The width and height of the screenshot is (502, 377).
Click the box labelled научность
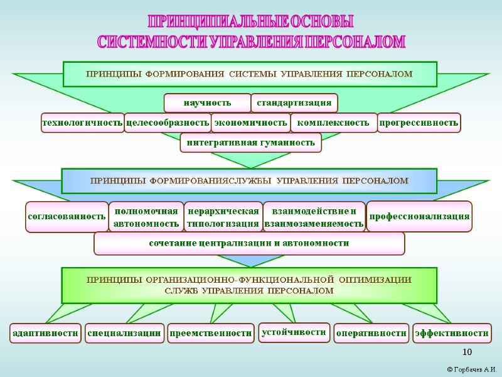[207, 102]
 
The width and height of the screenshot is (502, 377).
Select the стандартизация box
[294, 102]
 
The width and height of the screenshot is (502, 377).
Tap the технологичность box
[82, 123]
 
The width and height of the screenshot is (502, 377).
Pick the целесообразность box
[167, 123]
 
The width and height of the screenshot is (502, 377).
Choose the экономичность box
[250, 123]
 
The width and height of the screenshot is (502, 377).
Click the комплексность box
[333, 123]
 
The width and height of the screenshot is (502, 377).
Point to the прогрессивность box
[419, 123]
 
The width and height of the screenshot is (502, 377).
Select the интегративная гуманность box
[250, 143]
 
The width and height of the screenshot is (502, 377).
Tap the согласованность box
[67, 216]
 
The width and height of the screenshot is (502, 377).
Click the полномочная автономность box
[146, 216]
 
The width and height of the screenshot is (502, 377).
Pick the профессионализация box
[419, 216]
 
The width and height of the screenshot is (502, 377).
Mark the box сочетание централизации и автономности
[249, 243]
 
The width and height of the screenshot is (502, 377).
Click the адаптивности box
[46, 333]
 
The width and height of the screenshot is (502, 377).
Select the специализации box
[124, 333]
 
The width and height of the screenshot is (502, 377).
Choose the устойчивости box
[294, 332]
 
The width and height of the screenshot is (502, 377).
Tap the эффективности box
[452, 333]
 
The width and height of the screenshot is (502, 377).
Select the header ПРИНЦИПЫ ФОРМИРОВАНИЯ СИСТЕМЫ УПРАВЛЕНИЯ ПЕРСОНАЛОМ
[249, 74]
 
